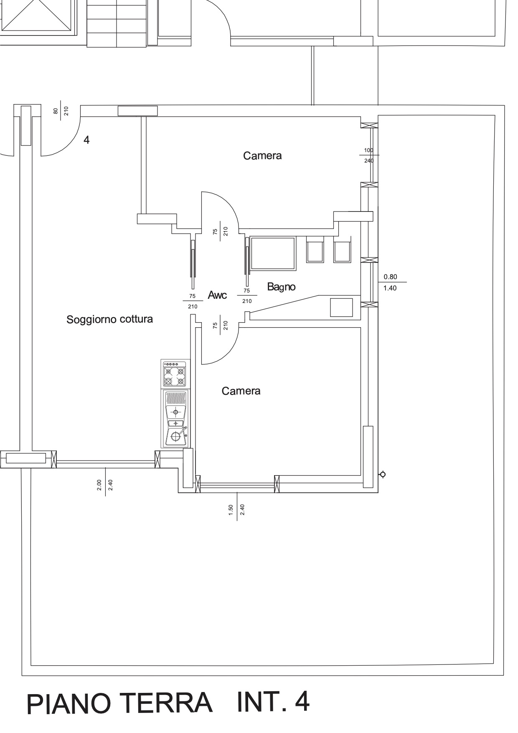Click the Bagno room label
[x=281, y=287]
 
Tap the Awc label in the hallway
[x=217, y=295]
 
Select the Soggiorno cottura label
[x=110, y=320]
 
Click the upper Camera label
[x=262, y=156]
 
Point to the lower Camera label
[x=241, y=391]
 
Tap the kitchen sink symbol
[x=176, y=418]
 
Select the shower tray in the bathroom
[x=273, y=253]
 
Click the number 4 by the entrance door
[x=86, y=140]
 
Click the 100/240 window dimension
[x=368, y=155]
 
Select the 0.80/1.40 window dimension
[x=390, y=283]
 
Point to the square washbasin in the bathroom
[x=341, y=307]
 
